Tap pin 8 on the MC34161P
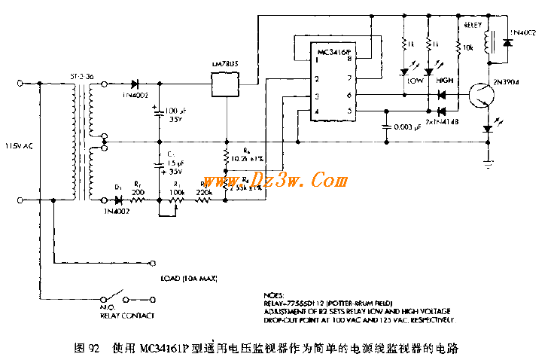(348, 59)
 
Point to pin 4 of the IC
(317, 111)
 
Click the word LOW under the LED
(415, 80)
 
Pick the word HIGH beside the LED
(446, 80)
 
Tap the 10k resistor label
(468, 47)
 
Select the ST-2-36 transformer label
(81, 76)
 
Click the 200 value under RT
(139, 194)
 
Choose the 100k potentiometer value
(177, 194)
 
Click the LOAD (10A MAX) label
(188, 279)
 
